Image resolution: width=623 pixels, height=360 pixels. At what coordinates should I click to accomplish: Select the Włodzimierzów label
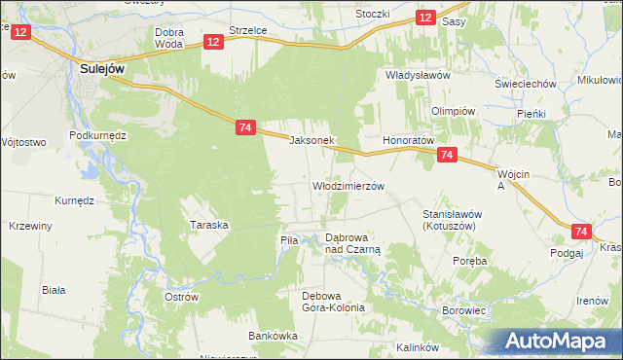(x=348, y=185)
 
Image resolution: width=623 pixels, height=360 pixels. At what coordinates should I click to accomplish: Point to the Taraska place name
(x=208, y=225)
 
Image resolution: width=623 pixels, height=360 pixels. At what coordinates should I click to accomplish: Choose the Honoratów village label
(x=408, y=140)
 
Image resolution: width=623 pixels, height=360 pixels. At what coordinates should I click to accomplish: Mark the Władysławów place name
(x=417, y=75)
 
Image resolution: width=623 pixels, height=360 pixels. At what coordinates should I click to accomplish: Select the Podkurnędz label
(x=98, y=135)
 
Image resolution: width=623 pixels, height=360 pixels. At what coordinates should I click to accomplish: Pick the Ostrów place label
(x=182, y=296)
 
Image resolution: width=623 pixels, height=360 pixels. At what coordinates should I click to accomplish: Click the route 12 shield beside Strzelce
(x=214, y=41)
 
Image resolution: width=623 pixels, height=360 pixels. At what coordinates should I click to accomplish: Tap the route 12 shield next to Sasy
(x=425, y=18)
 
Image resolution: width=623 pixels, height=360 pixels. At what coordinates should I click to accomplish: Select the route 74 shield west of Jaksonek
(x=245, y=127)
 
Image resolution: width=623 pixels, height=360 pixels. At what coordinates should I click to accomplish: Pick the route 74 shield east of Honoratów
(x=447, y=155)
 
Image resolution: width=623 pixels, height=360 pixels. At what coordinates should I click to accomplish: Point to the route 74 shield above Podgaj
(x=581, y=232)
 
